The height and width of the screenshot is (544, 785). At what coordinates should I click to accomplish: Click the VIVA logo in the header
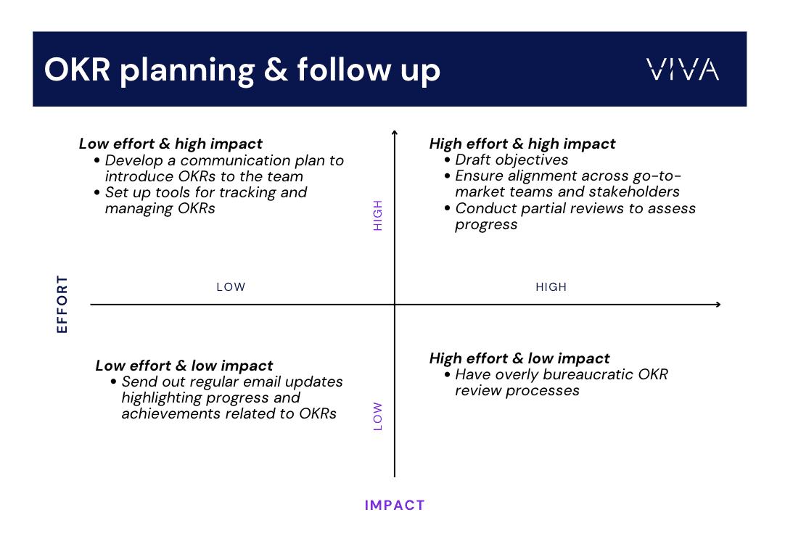(682, 70)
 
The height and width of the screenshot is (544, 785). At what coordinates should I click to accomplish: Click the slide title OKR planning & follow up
(242, 70)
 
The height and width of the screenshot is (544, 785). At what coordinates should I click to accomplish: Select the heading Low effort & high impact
(170, 144)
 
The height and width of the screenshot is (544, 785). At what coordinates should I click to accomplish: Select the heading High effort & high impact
(522, 144)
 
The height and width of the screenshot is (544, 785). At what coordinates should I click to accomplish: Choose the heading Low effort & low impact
(184, 366)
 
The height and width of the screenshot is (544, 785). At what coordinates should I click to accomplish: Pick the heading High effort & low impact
(519, 358)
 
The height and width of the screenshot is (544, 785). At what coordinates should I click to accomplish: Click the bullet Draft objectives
(511, 160)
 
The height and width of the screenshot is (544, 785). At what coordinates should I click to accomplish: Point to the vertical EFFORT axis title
(62, 304)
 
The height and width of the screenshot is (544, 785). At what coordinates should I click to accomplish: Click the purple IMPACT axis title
(395, 505)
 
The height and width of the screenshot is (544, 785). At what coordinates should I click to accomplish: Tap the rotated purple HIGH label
(378, 215)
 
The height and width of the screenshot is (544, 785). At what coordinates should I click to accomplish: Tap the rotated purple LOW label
(378, 417)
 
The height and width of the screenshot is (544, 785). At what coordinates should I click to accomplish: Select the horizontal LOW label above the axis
(231, 287)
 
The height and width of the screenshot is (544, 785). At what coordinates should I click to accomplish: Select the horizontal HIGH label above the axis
(551, 287)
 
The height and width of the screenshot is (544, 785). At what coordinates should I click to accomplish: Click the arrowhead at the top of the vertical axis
(395, 133)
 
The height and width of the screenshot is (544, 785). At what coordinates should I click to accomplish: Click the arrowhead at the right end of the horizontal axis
(718, 305)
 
